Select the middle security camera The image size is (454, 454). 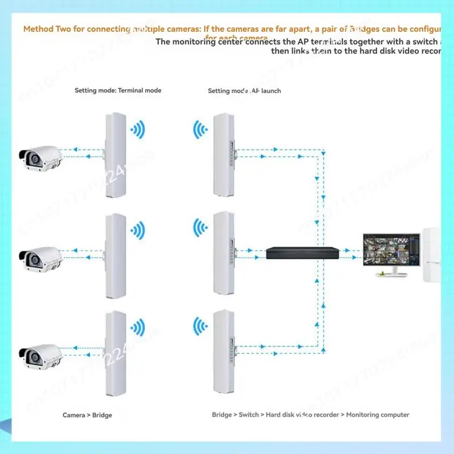[40, 258]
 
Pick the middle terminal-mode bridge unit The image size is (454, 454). [115, 255]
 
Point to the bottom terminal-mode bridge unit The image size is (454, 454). [115, 353]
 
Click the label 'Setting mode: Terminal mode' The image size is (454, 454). [118, 90]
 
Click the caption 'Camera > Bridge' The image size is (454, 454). [87, 415]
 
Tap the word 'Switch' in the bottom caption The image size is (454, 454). [249, 415]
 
